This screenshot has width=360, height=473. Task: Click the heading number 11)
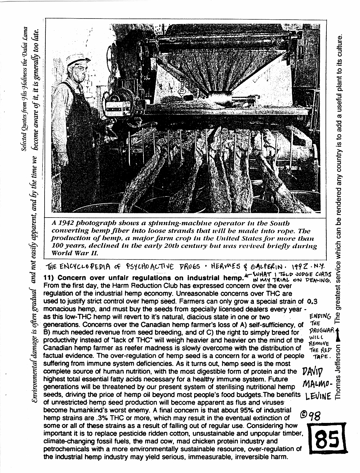click(x=49, y=278)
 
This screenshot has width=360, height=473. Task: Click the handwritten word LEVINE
click(x=317, y=397)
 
